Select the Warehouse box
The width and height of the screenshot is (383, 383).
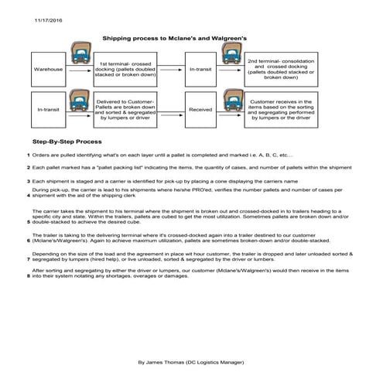(49, 70)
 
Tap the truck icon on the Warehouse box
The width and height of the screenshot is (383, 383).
(78, 53)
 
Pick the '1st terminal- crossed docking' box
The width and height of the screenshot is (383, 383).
(125, 70)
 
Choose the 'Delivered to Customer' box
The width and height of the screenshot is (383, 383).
(125, 110)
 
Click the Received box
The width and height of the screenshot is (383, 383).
(200, 110)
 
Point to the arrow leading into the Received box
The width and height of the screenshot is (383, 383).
(171, 110)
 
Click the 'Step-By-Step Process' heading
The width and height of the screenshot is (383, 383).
(67, 143)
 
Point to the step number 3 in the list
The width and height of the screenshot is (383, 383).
(28, 180)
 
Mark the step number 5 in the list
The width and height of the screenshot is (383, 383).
(28, 221)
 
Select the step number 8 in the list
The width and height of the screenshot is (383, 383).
(28, 276)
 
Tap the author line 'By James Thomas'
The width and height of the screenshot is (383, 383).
(191, 361)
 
